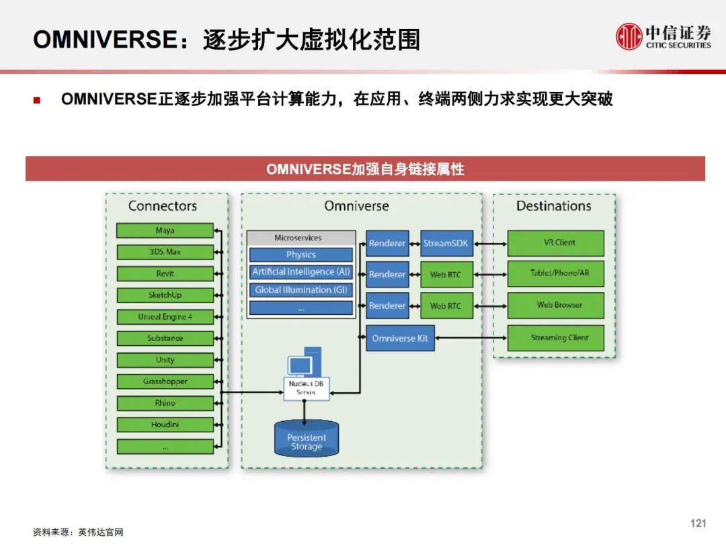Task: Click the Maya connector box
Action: pos(165,230)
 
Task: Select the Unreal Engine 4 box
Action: pos(165,317)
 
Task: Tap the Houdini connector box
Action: pos(165,424)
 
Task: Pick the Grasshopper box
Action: pos(165,381)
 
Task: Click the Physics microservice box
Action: pos(301,255)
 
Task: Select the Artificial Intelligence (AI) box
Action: pos(301,272)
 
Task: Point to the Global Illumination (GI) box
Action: pos(301,290)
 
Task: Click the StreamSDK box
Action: pos(446,243)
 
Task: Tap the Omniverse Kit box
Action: pos(400,338)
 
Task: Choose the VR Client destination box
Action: pos(556,243)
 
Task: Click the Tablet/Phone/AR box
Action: pos(556,273)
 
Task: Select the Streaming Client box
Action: pos(556,338)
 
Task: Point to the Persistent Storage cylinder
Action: pos(307,438)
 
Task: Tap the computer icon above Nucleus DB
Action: pos(305,362)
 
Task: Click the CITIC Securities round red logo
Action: pos(629,36)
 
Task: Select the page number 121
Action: pos(698,523)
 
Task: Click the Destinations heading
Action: pos(554,206)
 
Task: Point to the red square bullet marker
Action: pos(37,100)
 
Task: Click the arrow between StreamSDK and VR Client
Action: pos(490,243)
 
